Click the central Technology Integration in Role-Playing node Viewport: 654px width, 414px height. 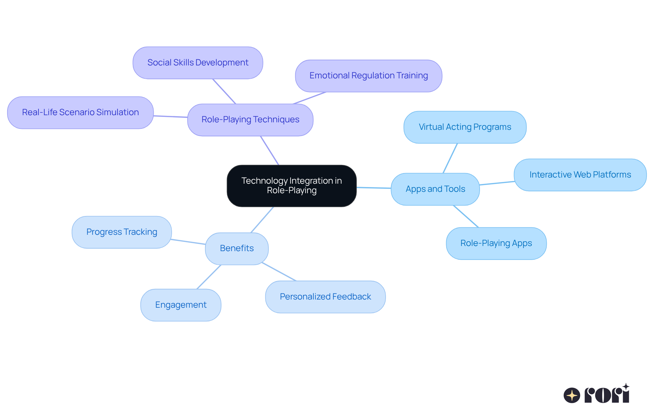click(x=292, y=186)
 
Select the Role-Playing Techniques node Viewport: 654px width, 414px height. click(x=250, y=120)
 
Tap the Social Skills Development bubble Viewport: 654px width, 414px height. click(x=198, y=63)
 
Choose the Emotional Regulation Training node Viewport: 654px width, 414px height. click(x=369, y=76)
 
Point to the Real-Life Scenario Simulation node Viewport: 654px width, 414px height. click(x=80, y=112)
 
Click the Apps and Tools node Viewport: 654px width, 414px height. click(x=435, y=189)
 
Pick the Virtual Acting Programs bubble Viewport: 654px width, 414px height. click(x=465, y=127)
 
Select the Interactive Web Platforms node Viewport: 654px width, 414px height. click(x=580, y=175)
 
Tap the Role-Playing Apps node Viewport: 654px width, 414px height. click(x=496, y=243)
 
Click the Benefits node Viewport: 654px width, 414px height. click(x=237, y=248)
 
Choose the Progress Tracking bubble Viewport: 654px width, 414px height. click(x=122, y=232)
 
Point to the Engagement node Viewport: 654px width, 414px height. click(x=181, y=305)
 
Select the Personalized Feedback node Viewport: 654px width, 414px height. click(x=325, y=297)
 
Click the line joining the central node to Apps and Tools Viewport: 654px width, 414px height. click(x=374, y=188)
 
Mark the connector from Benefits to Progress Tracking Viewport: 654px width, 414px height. click(x=188, y=242)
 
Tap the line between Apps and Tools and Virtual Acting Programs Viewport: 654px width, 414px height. click(x=450, y=158)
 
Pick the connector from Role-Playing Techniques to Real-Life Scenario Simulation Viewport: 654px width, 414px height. click(x=170, y=117)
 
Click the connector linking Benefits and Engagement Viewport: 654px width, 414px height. click(x=209, y=277)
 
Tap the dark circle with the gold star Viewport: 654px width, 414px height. click(x=572, y=395)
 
